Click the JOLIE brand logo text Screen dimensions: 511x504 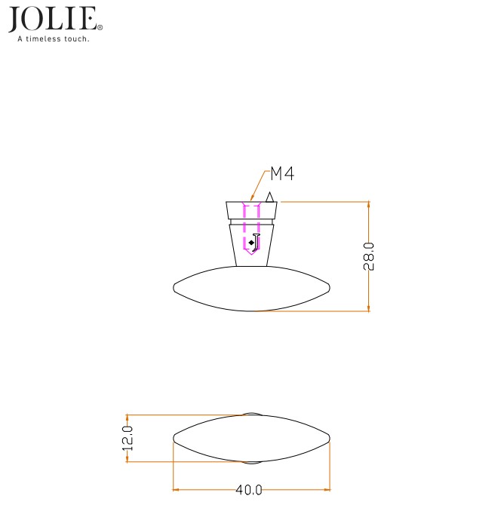(x=51, y=19)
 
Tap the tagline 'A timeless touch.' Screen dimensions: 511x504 (x=54, y=39)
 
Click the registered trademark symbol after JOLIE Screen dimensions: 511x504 (x=100, y=26)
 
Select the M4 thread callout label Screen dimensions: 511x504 (x=281, y=174)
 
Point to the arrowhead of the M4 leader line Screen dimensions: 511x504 (x=253, y=201)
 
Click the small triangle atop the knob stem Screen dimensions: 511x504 (x=268, y=197)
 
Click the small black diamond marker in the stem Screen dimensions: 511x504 (x=250, y=242)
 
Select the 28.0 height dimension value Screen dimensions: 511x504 (x=369, y=256)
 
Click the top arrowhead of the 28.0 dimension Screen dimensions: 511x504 (x=368, y=204)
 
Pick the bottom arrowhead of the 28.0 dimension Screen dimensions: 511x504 (x=368, y=308)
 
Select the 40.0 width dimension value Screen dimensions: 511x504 (x=248, y=490)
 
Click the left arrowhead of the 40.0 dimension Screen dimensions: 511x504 (x=177, y=490)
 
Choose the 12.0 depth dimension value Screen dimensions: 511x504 (x=128, y=438)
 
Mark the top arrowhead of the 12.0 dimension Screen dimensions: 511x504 (x=128, y=417)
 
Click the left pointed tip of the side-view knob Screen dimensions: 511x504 (x=174, y=287)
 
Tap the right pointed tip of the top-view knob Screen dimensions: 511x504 (x=330, y=438)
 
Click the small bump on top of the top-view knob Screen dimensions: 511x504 (x=252, y=413)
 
